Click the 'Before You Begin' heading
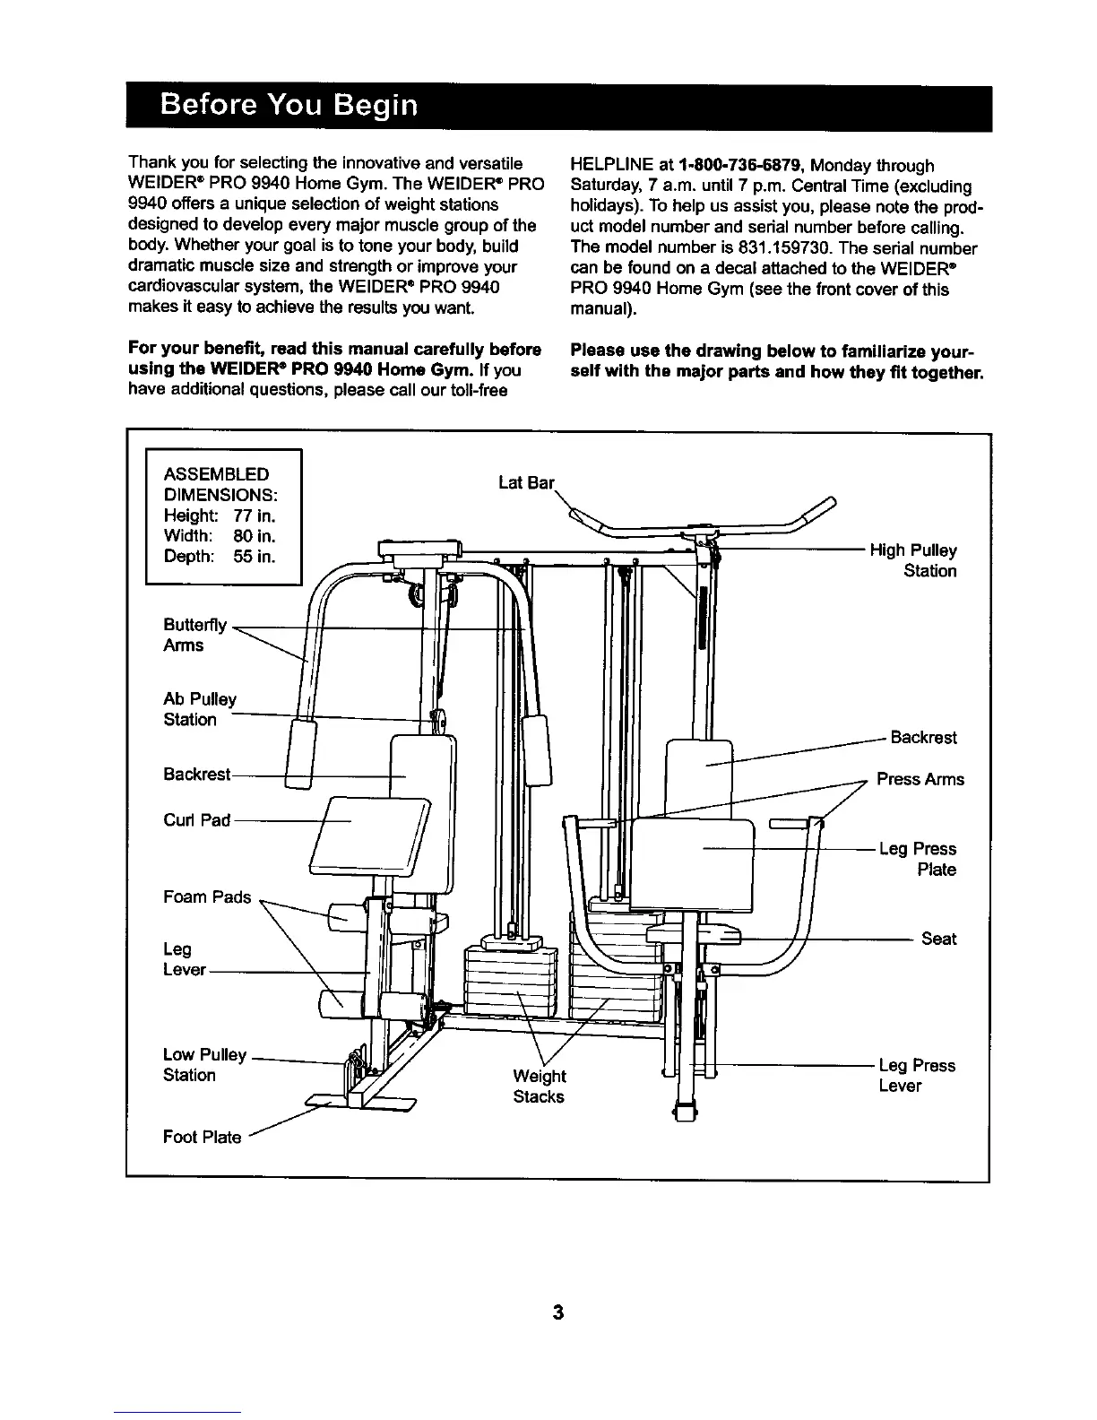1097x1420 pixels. pos(289,106)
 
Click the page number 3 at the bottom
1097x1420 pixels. pos(557,1313)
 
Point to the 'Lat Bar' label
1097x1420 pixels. pos(526,483)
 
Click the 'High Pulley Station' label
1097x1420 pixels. pos(913,560)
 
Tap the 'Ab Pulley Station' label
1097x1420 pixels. pos(200,709)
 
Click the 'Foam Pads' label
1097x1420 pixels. pos(207,896)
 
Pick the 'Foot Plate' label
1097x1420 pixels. pos(202,1137)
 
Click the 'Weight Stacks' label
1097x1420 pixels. pos(539,1086)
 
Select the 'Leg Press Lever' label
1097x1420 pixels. pos(917,1075)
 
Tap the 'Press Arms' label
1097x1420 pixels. pos(920,779)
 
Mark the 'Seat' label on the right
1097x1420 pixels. pos(938,939)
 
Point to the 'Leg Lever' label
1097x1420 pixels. pos(185,959)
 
